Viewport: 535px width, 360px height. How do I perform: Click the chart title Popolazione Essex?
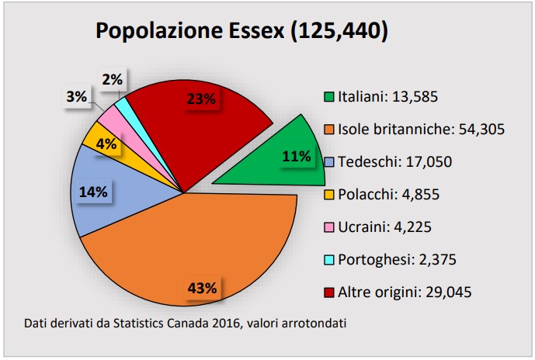tap(241, 31)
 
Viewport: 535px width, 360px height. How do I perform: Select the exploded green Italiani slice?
tap(272, 159)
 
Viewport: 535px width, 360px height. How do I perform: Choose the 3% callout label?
tap(75, 97)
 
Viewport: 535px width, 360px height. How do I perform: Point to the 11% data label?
tap(296, 156)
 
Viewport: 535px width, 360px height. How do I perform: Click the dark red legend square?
tap(329, 292)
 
